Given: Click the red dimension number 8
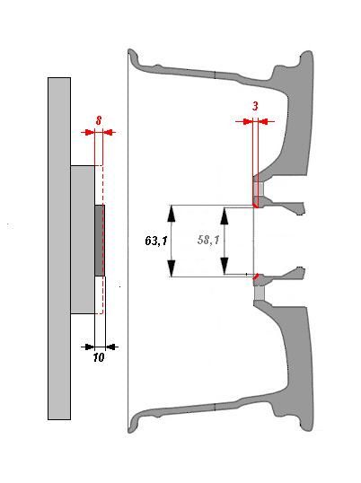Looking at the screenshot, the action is coord(99,120).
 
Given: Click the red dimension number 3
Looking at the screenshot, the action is coord(255,106).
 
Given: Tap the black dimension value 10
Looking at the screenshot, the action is coord(99,357).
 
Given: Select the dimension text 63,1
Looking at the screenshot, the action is coord(156,241).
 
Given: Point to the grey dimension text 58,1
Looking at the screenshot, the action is coord(208,240).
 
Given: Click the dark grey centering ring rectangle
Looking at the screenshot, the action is coord(100,241).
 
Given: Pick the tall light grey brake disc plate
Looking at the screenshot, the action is coord(59,249).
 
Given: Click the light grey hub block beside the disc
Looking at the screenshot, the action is coord(83,240).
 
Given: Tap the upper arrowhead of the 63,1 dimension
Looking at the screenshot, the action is coord(172,214).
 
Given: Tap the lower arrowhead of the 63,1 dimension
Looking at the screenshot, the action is coord(172,268).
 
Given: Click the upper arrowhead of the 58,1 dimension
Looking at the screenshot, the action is coord(225,215).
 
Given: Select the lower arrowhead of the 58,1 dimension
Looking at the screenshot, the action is coord(225,266).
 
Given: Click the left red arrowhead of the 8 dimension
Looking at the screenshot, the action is coord(89,133).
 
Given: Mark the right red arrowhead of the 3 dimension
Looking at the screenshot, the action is coord(263,122).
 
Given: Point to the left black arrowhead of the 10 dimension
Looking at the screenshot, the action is coord(90,347).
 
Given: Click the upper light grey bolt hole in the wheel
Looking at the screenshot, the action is coord(259,189).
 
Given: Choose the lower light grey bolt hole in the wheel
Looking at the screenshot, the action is coord(259,294).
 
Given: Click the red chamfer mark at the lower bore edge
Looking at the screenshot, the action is coord(255,277).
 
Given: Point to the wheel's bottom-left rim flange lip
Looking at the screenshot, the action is coord(133,425).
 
